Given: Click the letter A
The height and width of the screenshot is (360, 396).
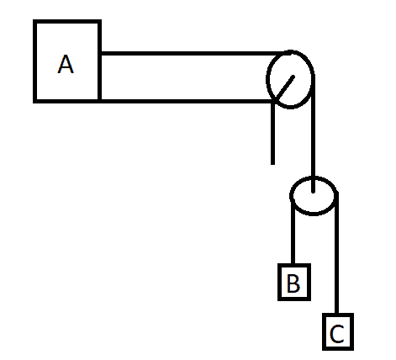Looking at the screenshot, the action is point(66,64).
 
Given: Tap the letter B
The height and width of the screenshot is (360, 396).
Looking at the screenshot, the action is point(293,283).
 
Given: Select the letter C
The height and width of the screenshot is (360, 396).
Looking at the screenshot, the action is point(337,334).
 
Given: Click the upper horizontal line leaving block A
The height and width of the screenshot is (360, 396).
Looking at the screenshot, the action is point(193,53).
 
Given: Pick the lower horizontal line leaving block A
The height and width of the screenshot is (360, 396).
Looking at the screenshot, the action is point(187,101).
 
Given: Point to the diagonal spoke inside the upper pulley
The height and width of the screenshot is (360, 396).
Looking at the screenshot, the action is point(284,87).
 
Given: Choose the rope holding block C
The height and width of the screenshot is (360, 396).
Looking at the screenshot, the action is point(337,252).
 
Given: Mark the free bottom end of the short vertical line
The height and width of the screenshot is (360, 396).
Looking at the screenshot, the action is point(272,164).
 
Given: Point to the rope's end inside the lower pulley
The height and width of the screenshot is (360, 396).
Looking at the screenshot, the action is point(313,192).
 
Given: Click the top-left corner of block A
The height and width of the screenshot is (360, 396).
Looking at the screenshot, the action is point(34,20).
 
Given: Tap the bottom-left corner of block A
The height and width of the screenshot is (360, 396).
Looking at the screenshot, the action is point(34,102).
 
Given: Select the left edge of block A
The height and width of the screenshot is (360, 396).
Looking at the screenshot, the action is point(34,61).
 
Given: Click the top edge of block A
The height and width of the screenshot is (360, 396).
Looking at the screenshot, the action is point(67,21).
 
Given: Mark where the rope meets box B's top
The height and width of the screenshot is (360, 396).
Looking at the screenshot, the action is point(293,264).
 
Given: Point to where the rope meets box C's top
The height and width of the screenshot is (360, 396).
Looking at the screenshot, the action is point(337,314).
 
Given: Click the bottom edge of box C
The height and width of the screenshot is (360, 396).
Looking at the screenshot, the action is point(338,349).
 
